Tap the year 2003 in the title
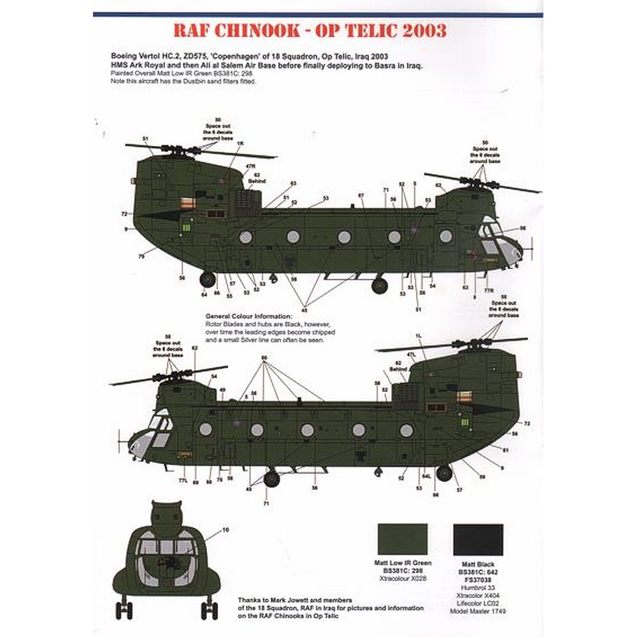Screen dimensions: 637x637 pyautogui.click(x=422, y=31)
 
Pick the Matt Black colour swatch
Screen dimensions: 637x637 pyautogui.click(x=478, y=540)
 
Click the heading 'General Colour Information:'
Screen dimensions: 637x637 pyautogui.click(x=248, y=317)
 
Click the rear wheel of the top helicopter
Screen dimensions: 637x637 pyautogui.click(x=208, y=279)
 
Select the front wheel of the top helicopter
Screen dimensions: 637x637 pyautogui.click(x=380, y=285)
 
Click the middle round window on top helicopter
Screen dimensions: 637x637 pyautogui.click(x=344, y=237)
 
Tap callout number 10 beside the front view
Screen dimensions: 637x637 pyautogui.click(x=225, y=529)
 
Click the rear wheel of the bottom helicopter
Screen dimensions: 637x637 pyautogui.click(x=444, y=473)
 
